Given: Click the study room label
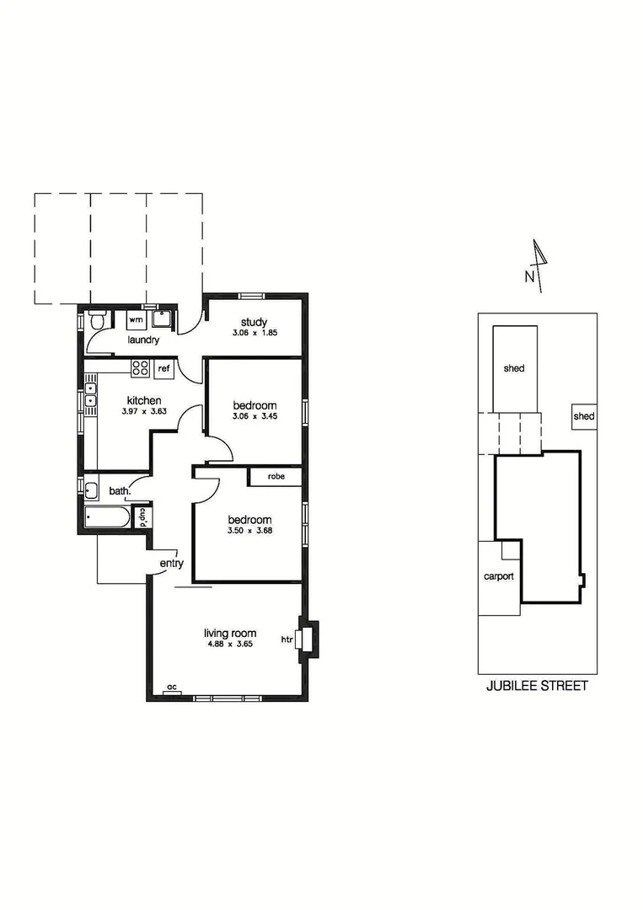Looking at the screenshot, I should point(254,322).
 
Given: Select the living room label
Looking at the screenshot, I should point(230,634).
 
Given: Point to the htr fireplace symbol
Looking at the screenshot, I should point(308,640).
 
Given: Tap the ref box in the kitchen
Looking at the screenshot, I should point(164,368).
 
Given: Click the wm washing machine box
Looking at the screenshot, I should point(136,320).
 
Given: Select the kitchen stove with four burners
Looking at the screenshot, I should point(140,368).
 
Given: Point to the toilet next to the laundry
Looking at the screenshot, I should point(97,321).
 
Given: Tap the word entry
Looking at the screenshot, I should point(171,564).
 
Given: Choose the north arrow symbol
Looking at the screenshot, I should point(539,265).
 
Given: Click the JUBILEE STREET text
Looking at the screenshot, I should point(537,686).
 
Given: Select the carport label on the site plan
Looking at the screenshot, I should point(498,577).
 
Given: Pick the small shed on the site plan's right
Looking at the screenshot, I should point(583,416).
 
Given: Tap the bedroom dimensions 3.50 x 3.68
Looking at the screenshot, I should point(249,531).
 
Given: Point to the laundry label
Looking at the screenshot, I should point(143,340).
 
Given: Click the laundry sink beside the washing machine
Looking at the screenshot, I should point(162,319).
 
